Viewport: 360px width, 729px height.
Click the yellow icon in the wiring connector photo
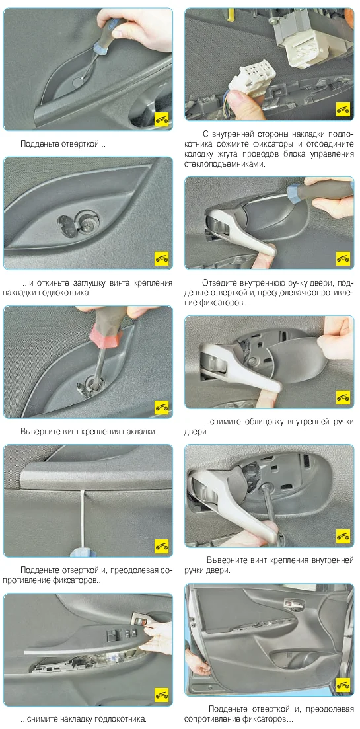tap(342, 110)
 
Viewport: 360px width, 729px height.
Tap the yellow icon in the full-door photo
tap(342, 685)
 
